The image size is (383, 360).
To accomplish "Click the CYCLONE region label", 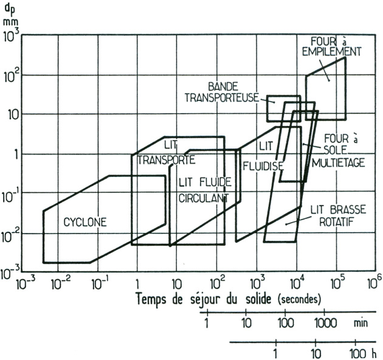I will (85, 223).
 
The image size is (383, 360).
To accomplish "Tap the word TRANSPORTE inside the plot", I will (166, 161).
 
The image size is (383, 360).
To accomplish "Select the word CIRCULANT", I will (203, 198).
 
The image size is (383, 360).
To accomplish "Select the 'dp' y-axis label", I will (11, 8).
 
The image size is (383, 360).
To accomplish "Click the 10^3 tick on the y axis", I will (12, 36).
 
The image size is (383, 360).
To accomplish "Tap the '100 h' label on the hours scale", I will (361, 353).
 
